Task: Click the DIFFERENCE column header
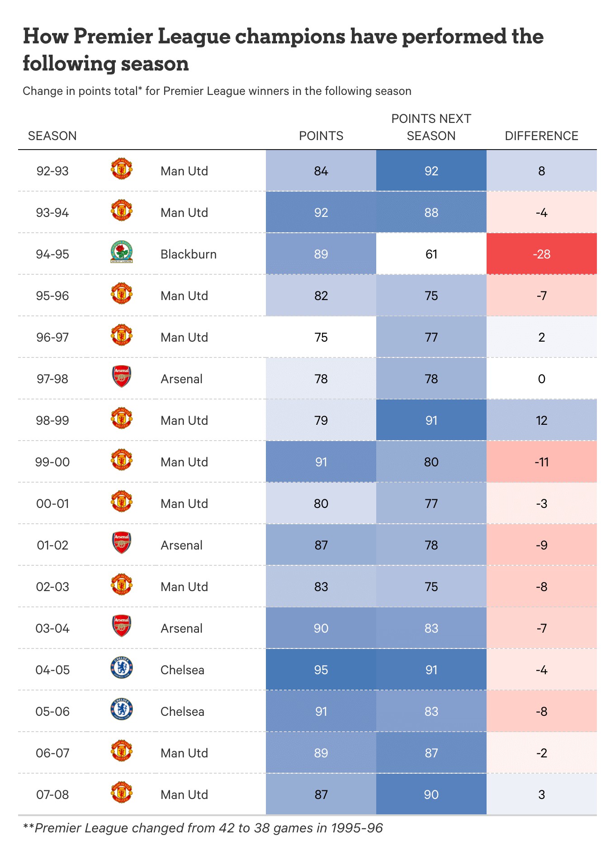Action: point(541,136)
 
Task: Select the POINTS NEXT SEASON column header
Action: point(431,127)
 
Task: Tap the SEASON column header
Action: point(52,136)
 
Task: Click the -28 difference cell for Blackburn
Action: point(541,254)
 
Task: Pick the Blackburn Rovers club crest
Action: point(122,253)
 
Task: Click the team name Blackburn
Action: point(189,254)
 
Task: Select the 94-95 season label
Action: point(52,254)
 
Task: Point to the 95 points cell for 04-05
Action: point(321,670)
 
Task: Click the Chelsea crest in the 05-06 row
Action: point(122,709)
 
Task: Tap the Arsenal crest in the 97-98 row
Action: point(122,377)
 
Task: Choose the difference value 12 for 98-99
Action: point(541,420)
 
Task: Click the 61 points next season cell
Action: point(431,254)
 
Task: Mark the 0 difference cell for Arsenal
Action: point(541,379)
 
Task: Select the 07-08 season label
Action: point(52,794)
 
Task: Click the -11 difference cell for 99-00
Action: point(541,462)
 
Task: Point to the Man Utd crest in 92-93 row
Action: point(122,169)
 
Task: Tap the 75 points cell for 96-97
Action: point(321,337)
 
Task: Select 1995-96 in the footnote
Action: point(356,828)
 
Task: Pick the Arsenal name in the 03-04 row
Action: point(181,628)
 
